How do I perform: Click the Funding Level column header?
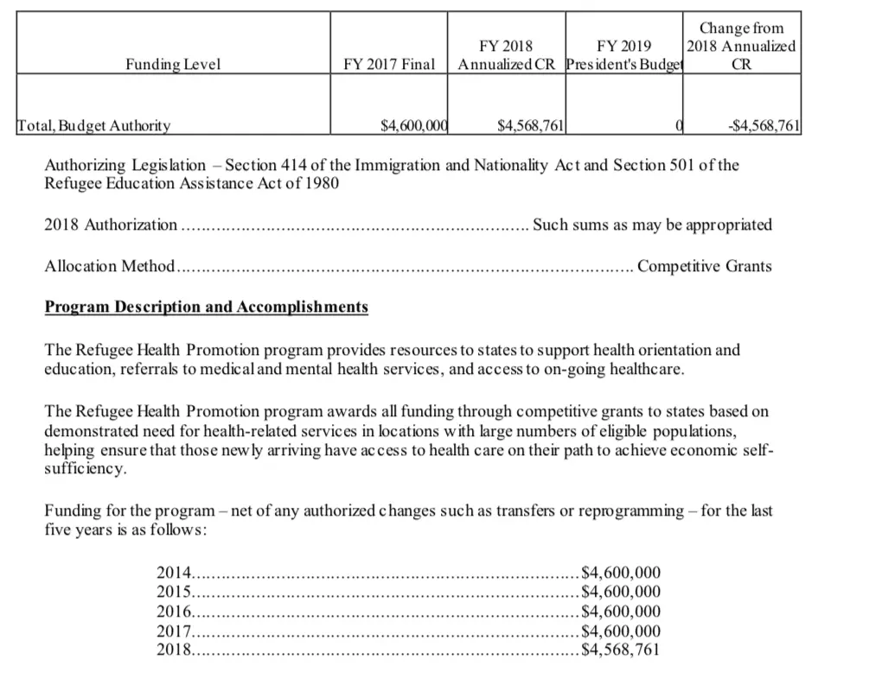174,64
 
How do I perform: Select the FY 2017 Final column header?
389,64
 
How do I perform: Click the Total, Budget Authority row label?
94,126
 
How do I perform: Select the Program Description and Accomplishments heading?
206,307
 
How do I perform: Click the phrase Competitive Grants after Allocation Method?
704,266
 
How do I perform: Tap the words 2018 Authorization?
110,225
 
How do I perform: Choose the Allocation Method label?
110,266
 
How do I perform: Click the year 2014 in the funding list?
172,571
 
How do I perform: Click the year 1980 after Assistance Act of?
320,183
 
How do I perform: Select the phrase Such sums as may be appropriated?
652,225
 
